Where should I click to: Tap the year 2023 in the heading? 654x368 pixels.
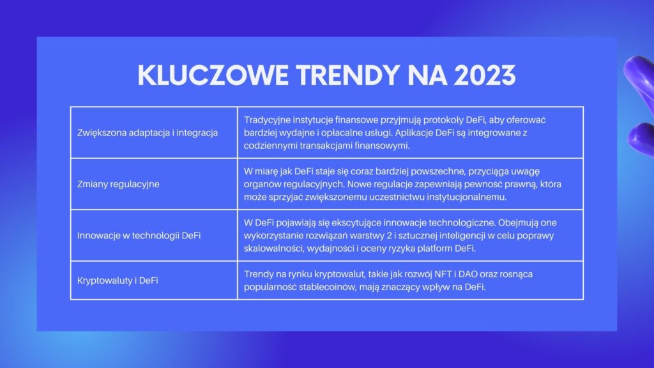click(485, 75)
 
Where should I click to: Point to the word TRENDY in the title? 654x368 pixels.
click(348, 75)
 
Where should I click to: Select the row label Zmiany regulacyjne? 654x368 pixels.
click(118, 185)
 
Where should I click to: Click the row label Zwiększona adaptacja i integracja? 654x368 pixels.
click(148, 133)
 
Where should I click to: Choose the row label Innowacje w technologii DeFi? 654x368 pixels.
click(139, 236)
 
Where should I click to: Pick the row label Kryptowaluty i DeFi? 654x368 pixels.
click(118, 281)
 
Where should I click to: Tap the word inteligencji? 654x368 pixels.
click(462, 236)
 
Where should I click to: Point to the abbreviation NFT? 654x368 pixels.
click(443, 275)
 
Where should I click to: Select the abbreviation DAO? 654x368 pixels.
click(468, 275)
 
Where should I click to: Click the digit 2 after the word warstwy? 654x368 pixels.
click(389, 236)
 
